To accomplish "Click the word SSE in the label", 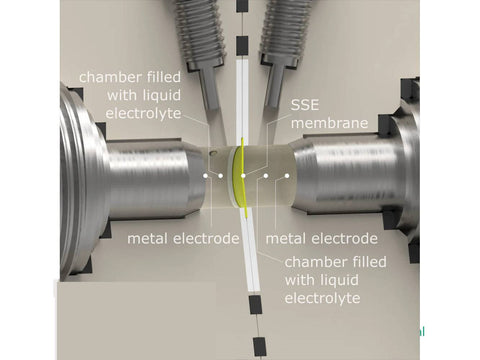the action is (305, 105).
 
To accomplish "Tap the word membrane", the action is (330, 123).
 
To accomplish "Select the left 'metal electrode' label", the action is (183, 239).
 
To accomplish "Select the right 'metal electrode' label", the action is (322, 239).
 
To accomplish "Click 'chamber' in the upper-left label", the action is (110, 77).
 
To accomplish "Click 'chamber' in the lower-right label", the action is (315, 262).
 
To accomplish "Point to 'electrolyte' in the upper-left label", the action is (143, 113).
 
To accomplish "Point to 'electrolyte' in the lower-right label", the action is (322, 298).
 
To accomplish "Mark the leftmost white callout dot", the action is (206, 175).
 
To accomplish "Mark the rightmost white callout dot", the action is (287, 175).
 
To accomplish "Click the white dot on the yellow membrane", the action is (243, 175).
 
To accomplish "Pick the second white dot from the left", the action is (220, 175).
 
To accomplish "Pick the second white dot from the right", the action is (266, 175).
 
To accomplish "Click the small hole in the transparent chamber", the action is (213, 154).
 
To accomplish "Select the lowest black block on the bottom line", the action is (259, 347).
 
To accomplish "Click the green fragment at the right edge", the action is (422, 332).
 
